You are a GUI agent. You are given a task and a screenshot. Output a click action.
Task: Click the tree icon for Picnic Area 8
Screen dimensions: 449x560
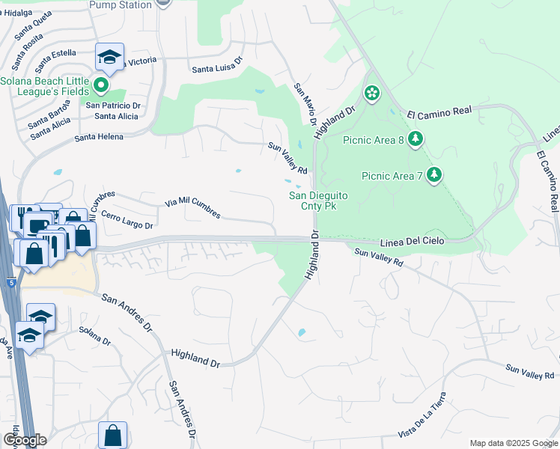coord(416,139)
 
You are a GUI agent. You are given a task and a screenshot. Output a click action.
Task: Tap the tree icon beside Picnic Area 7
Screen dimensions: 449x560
coord(433,176)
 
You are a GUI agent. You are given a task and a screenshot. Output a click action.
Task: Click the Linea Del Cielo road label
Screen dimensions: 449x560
coord(413,241)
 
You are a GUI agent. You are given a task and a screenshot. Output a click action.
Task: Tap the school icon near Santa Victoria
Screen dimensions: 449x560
coord(109,57)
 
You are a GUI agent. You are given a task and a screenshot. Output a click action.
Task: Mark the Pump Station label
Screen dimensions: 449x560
coord(120,5)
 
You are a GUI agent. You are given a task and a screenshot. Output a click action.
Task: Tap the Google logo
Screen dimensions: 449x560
coord(25,440)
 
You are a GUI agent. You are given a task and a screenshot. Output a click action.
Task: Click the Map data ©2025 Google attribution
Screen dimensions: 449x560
coord(513,443)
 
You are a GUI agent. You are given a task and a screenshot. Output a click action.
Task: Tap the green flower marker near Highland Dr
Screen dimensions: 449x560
coord(371,94)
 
